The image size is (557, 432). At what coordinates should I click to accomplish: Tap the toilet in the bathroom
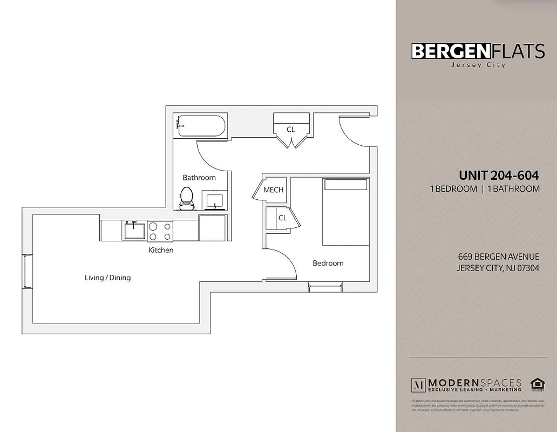(187, 199)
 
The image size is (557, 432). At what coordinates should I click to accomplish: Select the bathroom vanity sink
(214, 200)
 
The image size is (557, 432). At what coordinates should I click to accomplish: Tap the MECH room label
(273, 190)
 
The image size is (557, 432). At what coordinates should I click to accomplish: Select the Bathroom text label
(199, 178)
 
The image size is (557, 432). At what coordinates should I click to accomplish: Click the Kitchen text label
(161, 250)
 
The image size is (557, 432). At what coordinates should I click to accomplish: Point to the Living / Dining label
(107, 278)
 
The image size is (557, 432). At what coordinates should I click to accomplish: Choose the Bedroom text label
(328, 263)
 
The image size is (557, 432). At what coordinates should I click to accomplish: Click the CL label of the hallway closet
(290, 130)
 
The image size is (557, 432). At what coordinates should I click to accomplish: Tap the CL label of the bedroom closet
(282, 218)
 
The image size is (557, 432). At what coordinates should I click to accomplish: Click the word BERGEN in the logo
(450, 51)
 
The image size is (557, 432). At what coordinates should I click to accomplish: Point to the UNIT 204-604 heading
(499, 175)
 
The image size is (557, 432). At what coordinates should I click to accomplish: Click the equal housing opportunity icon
(536, 384)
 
